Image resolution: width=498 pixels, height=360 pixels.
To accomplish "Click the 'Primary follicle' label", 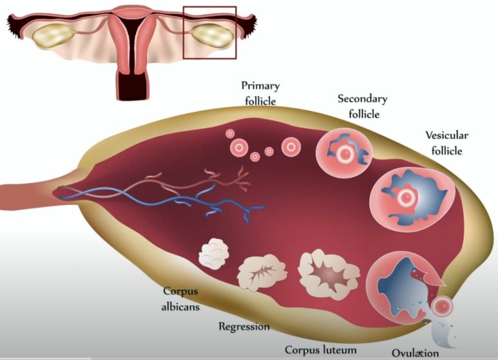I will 260,93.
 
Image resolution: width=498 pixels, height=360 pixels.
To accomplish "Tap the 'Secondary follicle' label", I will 363,106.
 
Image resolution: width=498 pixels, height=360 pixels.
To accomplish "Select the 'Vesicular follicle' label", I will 446,142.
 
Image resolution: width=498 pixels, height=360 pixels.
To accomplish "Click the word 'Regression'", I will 244,327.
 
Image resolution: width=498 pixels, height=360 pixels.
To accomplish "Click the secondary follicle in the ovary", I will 344,153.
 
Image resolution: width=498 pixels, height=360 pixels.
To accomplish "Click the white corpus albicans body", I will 215,253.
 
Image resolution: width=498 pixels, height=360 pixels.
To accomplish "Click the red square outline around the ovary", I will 184,32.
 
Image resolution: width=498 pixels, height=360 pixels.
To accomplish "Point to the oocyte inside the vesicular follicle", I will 406,197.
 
